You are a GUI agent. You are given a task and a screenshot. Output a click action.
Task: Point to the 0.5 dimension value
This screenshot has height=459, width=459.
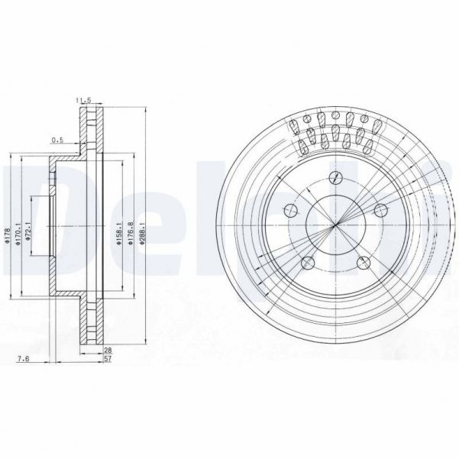[x=57, y=140]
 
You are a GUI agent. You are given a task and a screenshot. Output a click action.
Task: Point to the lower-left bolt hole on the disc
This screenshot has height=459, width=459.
[x=309, y=262]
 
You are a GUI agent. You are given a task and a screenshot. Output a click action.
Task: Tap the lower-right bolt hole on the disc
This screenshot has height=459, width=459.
[x=362, y=262]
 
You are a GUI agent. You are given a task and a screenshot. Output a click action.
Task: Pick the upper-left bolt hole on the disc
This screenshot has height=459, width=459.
[x=291, y=211]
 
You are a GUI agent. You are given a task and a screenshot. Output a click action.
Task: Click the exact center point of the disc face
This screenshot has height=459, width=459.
[x=336, y=226]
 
